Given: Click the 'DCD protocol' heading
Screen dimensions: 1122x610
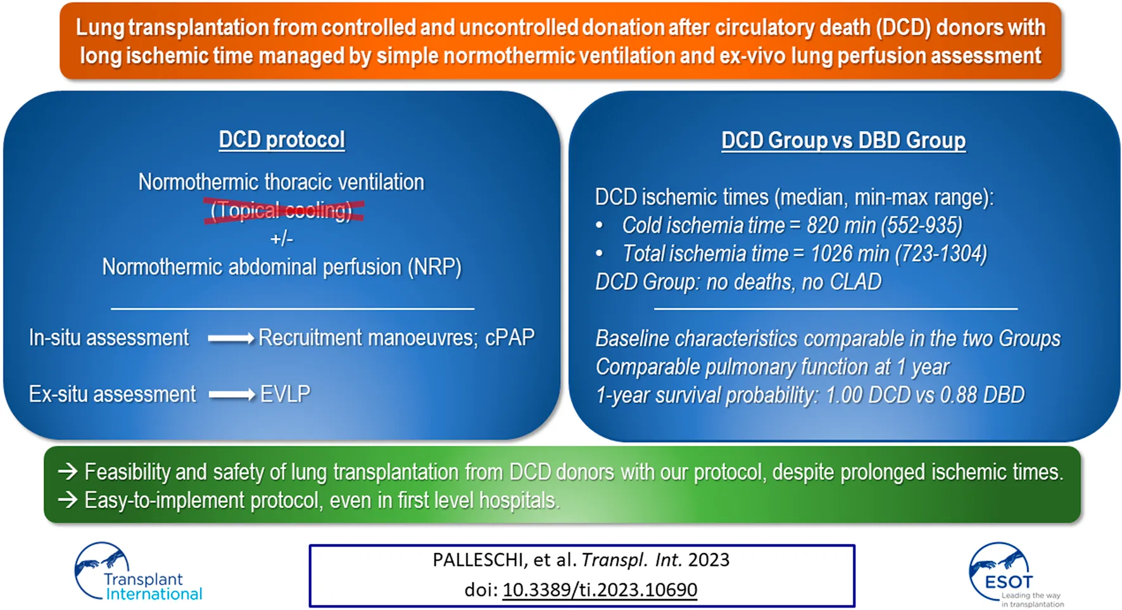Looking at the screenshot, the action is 282,140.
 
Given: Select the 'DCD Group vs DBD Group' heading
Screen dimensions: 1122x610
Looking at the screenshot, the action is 843,141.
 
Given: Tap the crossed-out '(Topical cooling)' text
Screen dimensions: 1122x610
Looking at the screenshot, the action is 282,210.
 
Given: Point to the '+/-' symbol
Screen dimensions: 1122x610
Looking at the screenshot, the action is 282,238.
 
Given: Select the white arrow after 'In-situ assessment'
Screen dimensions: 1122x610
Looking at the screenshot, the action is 231,339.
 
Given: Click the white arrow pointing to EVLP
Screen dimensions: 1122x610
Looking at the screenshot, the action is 232,395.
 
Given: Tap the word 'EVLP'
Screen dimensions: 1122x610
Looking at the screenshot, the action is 286,394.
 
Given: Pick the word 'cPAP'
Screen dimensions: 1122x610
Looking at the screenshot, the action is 510,338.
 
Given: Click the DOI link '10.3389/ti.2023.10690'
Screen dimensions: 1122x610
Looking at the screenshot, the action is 600,590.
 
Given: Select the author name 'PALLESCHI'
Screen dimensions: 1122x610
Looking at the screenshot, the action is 480,560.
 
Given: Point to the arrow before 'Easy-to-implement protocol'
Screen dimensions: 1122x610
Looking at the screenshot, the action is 68,500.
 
